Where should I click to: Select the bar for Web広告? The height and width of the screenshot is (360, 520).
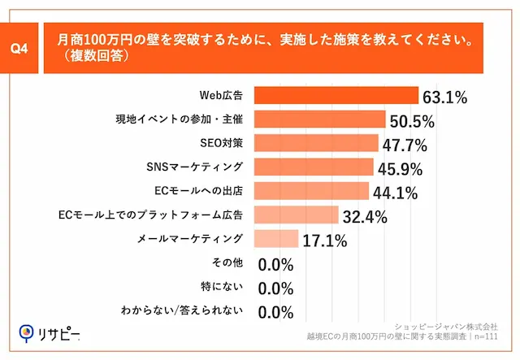point(336,96)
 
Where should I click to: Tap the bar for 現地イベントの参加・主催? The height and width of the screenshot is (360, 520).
point(320,119)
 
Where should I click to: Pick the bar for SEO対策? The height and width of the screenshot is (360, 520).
point(316,143)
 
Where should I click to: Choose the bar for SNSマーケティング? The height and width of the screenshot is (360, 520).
point(314,167)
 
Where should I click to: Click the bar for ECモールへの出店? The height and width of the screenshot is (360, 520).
point(311,191)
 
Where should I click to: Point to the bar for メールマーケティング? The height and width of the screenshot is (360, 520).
point(276,239)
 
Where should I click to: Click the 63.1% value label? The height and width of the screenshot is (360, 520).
point(444,98)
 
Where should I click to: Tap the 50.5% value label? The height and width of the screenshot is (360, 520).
point(412,122)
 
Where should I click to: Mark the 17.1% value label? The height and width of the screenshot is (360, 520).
point(325,241)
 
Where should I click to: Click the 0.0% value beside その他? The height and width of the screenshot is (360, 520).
point(275,264)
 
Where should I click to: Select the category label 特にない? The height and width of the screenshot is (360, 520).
point(222,287)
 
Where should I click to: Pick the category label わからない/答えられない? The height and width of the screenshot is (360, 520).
point(193,310)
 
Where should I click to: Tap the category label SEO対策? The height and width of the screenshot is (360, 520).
point(222,143)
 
